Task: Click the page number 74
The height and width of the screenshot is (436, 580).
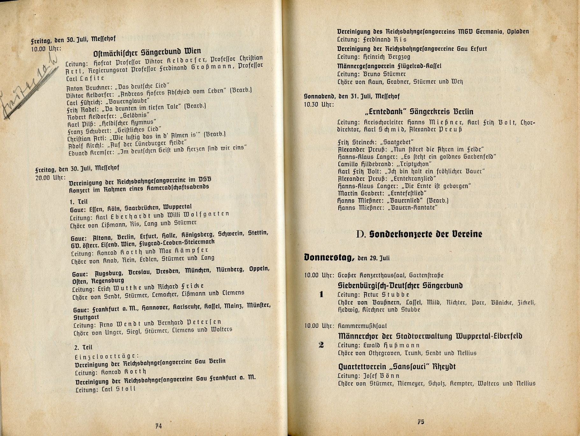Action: click(159, 426)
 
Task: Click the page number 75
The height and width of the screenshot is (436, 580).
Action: click(421, 422)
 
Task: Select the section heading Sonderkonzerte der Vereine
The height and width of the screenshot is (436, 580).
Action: click(426, 234)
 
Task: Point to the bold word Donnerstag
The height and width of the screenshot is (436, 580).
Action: click(329, 257)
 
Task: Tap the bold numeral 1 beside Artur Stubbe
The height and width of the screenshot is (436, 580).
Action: click(321, 294)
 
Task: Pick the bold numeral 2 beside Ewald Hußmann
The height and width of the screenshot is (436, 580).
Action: click(321, 345)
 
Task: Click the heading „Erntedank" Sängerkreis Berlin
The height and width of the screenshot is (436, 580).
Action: click(419, 112)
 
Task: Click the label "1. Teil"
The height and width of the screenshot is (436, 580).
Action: click(79, 202)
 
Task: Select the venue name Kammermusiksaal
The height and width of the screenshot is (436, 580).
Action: click(362, 326)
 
